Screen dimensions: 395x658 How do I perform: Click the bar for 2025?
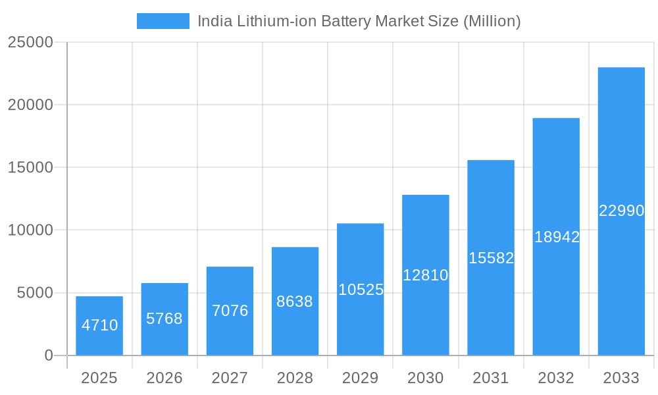point(99,326)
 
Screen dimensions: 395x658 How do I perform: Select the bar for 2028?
point(295,302)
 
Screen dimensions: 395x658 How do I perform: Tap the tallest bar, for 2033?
point(621,211)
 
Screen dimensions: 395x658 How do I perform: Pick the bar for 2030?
point(426,275)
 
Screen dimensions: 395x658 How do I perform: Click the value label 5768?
point(164,319)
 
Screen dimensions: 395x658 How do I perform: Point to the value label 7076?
point(230,311)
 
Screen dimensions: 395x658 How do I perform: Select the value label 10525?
point(361,290)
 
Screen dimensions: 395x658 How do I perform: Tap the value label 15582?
point(491,258)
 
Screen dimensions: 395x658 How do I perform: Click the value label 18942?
point(557,237)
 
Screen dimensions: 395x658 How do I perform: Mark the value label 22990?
point(621,211)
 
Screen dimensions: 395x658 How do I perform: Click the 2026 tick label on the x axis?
point(164,378)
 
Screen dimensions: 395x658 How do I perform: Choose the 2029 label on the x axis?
point(361,378)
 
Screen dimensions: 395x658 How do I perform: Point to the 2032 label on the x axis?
point(556,378)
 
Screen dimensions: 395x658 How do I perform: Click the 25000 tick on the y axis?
point(30,42)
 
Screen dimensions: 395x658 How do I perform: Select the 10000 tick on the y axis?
point(30,230)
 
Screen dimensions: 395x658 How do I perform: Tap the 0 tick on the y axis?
point(49,355)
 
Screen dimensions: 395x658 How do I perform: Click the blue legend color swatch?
point(163,21)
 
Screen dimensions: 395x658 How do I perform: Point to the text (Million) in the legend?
point(492,21)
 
